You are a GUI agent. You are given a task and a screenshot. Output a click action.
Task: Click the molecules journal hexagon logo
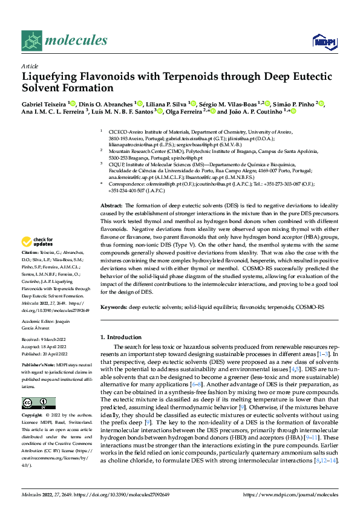pos(31,41)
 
